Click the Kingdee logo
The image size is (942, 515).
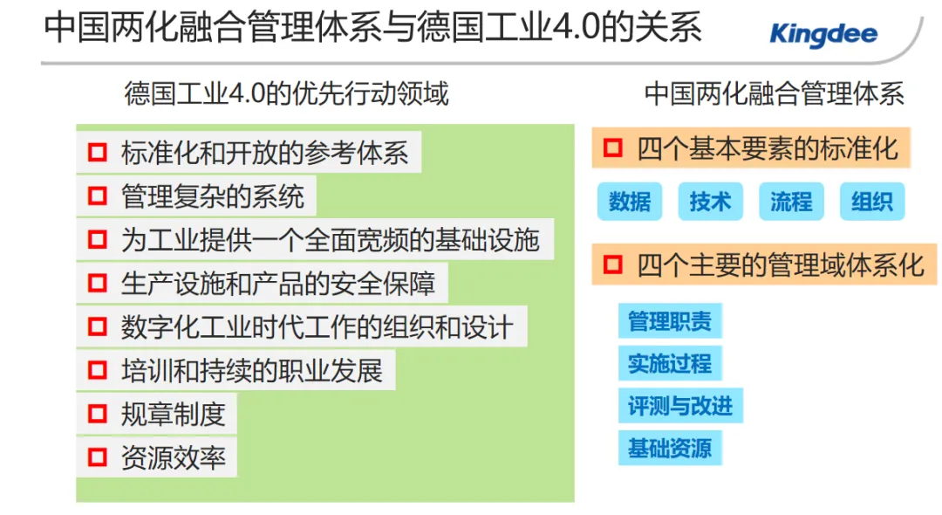(x=823, y=36)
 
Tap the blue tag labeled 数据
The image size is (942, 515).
(x=630, y=202)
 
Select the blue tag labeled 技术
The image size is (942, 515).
(x=710, y=202)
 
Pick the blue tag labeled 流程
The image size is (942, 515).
(x=791, y=202)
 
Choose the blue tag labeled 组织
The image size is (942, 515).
(x=872, y=202)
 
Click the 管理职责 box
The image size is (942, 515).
(x=670, y=320)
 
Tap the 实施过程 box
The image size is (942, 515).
(x=670, y=362)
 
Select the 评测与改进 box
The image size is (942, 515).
(x=680, y=405)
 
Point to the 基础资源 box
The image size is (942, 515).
(x=670, y=448)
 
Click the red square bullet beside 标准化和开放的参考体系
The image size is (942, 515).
(x=97, y=153)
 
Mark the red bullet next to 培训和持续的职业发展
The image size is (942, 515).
(x=97, y=370)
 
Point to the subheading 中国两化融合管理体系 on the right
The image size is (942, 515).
(x=774, y=93)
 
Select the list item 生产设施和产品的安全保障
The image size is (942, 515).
(x=277, y=283)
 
